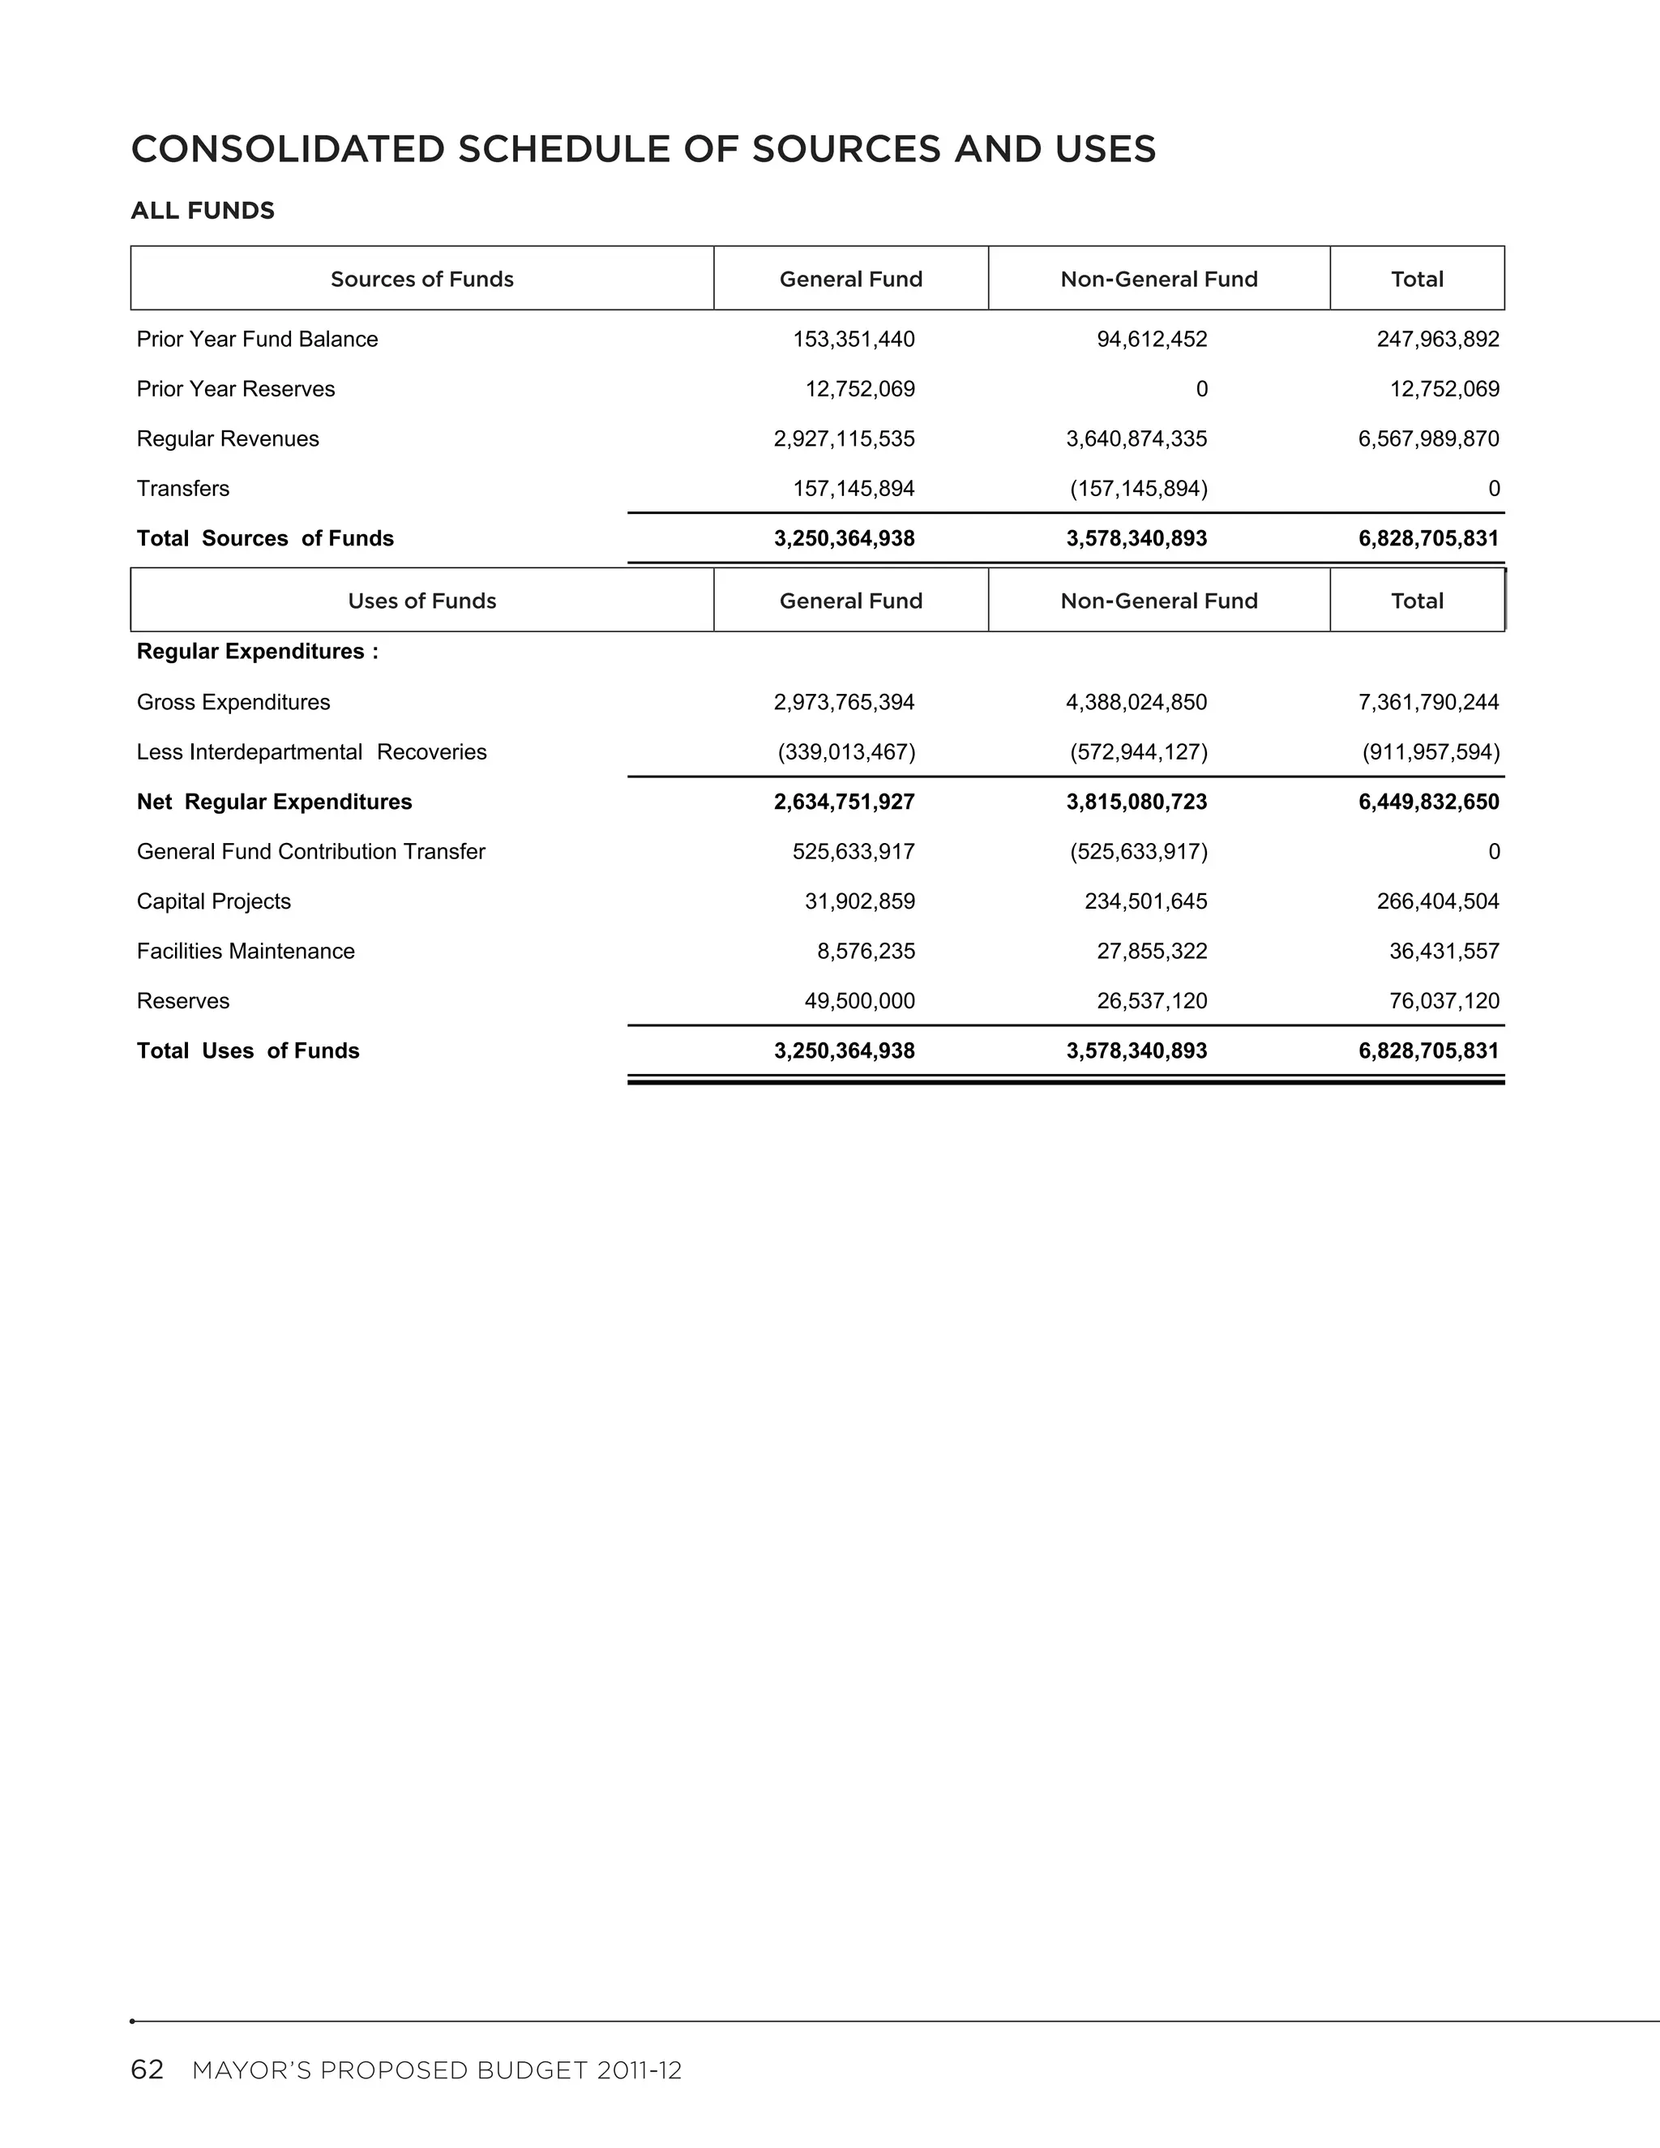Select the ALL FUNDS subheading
pyautogui.click(x=203, y=211)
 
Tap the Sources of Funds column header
pyautogui.click(x=421, y=280)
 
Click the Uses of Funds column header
pyautogui.click(x=421, y=601)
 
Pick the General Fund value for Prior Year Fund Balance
pyautogui.click(x=854, y=340)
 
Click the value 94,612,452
pyautogui.click(x=1152, y=340)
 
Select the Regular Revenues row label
pyautogui.click(x=228, y=439)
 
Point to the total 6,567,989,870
pyautogui.click(x=1428, y=439)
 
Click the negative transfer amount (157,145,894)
pyautogui.click(x=1138, y=489)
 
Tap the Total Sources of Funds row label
pyautogui.click(x=266, y=538)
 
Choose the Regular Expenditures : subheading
pyautogui.click(x=258, y=651)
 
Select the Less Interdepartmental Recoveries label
pyautogui.click(x=312, y=752)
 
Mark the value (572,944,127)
pyautogui.click(x=1138, y=752)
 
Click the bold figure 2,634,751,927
pyautogui.click(x=844, y=802)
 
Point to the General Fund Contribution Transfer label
pyautogui.click(x=310, y=852)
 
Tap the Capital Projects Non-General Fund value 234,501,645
pyautogui.click(x=1145, y=902)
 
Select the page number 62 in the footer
pyautogui.click(x=147, y=2070)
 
